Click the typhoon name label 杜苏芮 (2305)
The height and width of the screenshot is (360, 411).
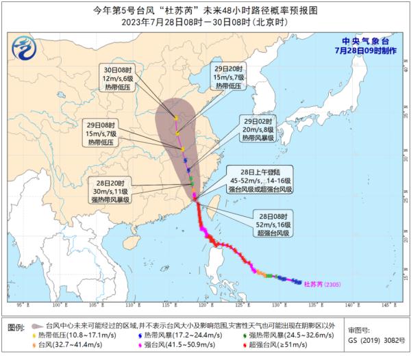coord(320,283)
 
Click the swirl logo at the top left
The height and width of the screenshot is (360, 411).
coord(25,47)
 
